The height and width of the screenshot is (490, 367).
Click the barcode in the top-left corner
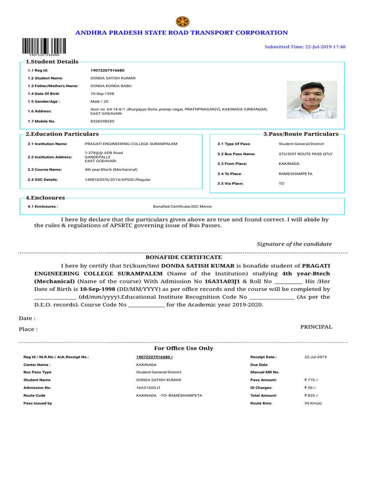pos(43,47)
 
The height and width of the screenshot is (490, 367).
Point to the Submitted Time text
pos(305,47)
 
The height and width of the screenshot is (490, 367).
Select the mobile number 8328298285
pos(102,122)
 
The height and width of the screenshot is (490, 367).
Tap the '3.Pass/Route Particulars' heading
pos(301,134)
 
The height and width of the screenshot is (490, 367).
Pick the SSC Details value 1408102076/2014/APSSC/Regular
pos(118,179)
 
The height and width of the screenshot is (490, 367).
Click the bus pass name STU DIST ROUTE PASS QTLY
pos(305,154)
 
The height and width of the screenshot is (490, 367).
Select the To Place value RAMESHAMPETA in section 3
pos(295,174)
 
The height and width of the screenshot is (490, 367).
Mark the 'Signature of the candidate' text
pos(294,244)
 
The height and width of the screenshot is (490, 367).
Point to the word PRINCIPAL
pos(316,327)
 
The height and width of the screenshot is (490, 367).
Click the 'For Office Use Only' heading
pos(183,348)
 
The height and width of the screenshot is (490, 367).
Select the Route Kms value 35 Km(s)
pos(313,403)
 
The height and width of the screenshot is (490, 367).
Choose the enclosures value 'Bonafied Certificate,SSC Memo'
pos(182,206)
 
